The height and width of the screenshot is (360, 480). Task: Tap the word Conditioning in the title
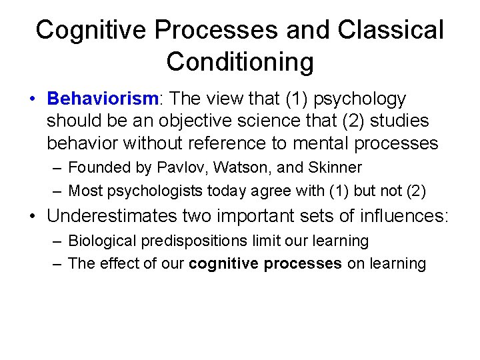240,61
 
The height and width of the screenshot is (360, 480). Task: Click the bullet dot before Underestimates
32,217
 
